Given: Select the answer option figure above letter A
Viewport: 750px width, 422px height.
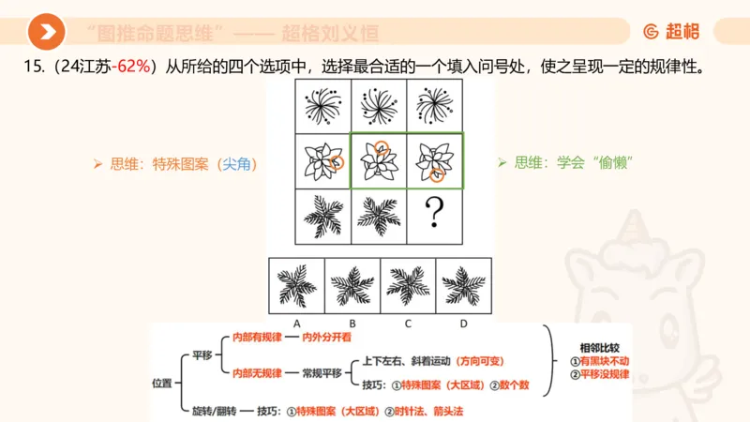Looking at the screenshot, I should click(296, 284).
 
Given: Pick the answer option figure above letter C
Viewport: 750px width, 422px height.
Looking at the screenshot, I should click(409, 284).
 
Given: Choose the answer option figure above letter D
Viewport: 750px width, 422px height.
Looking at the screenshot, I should click(464, 284).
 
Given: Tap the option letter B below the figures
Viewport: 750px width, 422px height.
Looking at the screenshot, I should click(352, 322).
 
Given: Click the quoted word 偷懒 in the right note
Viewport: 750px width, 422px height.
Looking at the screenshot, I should click(612, 162).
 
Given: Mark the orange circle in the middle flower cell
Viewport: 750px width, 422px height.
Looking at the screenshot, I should click(381, 147).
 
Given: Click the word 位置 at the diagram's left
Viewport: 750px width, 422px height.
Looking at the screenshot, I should click(162, 382).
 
